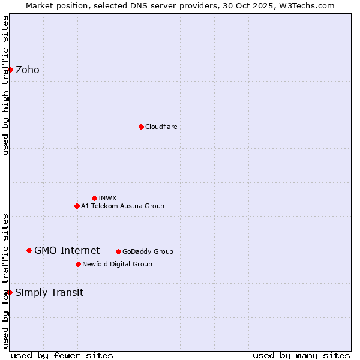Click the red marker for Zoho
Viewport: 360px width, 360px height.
(x=10, y=70)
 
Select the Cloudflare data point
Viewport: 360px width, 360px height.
(x=141, y=127)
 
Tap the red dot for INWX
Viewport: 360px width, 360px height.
(x=94, y=198)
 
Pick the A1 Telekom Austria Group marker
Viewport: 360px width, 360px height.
(x=77, y=206)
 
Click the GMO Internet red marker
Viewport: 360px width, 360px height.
(x=29, y=250)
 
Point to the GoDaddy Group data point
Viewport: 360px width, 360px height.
(x=118, y=251)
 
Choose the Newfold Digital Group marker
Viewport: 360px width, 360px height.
(x=78, y=264)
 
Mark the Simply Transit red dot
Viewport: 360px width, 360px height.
(x=10, y=292)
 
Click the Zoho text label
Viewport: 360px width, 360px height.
(x=28, y=70)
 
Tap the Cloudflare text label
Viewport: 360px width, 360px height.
(x=161, y=127)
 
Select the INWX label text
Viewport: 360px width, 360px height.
(x=107, y=198)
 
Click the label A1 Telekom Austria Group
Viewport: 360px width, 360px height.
(x=122, y=206)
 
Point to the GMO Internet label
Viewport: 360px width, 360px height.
(x=67, y=250)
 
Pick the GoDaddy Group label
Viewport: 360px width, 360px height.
(x=148, y=251)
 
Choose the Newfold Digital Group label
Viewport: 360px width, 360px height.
(x=117, y=264)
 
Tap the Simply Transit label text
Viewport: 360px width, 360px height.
(x=49, y=292)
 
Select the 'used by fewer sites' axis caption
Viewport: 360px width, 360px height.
(x=62, y=355)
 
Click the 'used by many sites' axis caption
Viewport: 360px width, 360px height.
(x=301, y=355)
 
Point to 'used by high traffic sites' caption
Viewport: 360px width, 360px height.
(x=5, y=85)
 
